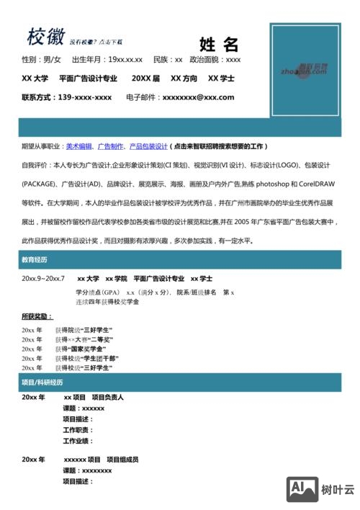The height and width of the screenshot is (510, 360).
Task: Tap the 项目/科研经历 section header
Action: click(42, 382)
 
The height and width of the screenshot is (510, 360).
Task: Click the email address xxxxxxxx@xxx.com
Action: click(198, 97)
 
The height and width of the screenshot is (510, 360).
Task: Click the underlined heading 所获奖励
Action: click(37, 316)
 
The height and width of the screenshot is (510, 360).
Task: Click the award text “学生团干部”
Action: click(100, 358)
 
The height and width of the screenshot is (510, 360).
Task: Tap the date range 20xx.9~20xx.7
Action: click(43, 278)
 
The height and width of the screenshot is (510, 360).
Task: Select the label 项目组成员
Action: click(122, 460)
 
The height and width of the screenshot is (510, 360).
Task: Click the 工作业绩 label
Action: click(78, 441)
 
